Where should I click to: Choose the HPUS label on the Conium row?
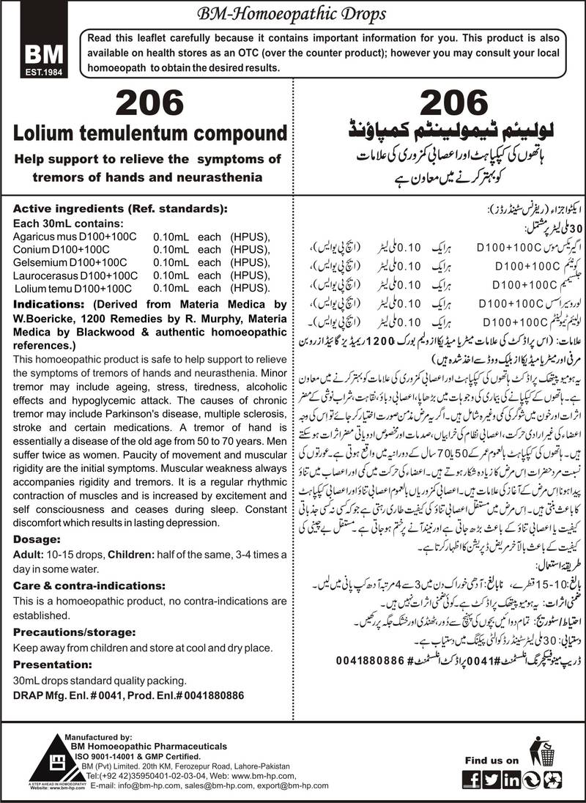point(249,249)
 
